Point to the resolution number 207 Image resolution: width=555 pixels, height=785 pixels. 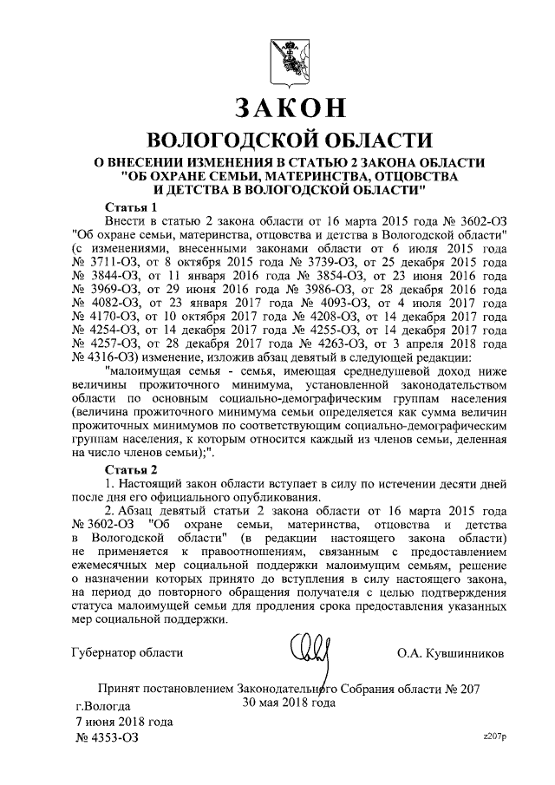(470, 689)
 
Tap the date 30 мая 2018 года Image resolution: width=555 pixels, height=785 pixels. (289, 703)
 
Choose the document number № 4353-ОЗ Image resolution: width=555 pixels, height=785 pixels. (106, 737)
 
